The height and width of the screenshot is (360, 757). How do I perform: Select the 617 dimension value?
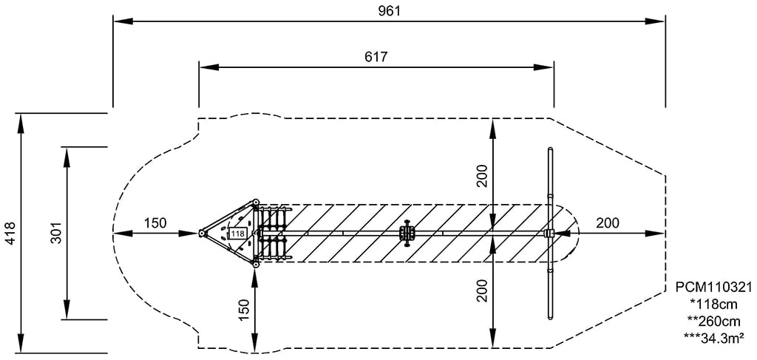click(x=376, y=57)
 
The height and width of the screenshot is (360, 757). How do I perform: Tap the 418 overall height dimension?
click(x=10, y=233)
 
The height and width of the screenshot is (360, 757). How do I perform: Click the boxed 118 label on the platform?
click(x=237, y=234)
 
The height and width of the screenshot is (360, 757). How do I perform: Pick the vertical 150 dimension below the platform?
click(x=244, y=308)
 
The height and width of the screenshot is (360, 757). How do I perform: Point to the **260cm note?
click(x=713, y=322)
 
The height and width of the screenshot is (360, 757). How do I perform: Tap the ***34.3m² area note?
click(x=713, y=338)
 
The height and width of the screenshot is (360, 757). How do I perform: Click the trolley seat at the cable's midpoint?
click(x=406, y=233)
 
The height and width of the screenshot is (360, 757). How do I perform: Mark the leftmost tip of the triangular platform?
click(x=201, y=234)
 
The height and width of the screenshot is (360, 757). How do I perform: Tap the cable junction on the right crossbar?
click(x=549, y=234)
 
